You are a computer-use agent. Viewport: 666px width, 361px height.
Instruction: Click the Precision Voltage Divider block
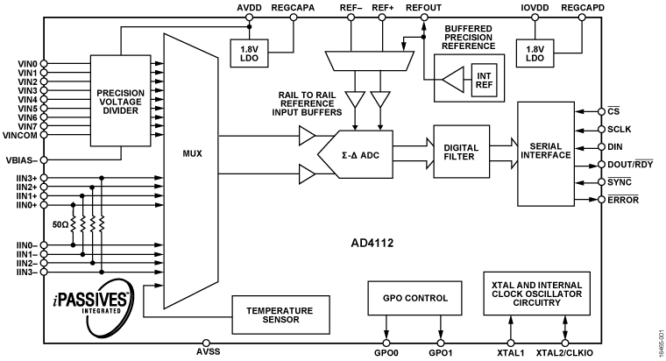(x=120, y=99)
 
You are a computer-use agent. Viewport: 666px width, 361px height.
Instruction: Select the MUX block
(x=190, y=153)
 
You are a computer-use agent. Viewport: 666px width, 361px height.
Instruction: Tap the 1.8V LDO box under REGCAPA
(x=249, y=52)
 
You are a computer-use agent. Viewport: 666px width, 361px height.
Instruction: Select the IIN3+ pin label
(x=23, y=178)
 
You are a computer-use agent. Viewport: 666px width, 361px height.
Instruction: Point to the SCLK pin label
(x=620, y=129)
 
